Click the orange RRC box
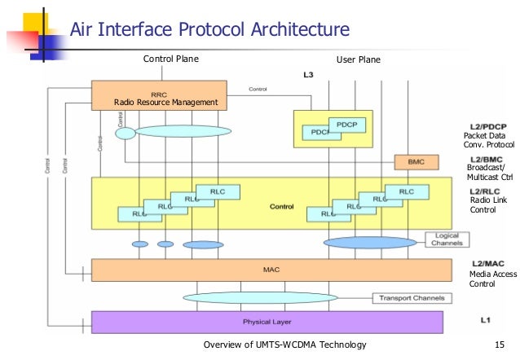tap(158, 94)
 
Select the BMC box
tap(410, 162)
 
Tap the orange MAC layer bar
tap(271, 270)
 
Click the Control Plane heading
tap(170, 59)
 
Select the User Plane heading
tap(358, 59)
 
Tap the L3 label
tap(308, 75)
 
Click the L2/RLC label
tap(486, 192)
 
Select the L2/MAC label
tap(487, 263)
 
